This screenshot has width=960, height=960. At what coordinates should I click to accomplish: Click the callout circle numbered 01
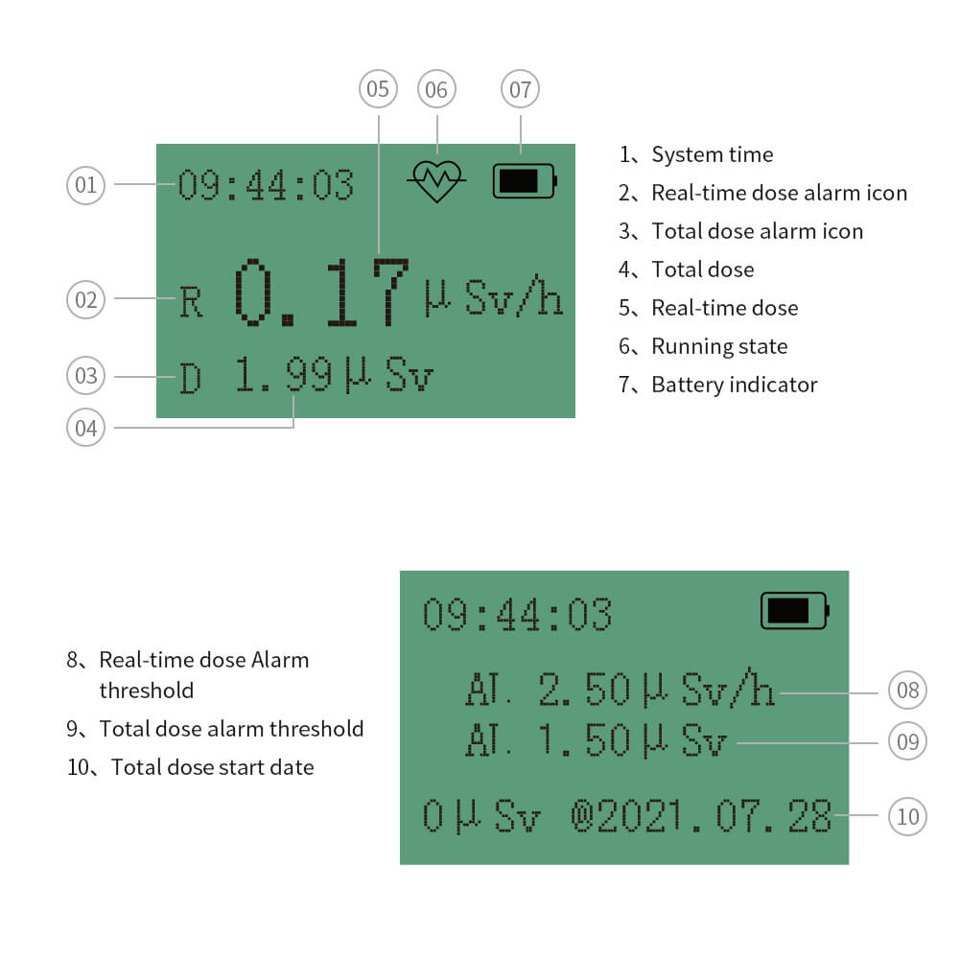86,183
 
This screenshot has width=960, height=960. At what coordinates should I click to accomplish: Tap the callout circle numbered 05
378,89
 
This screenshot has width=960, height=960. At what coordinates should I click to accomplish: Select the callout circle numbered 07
520,90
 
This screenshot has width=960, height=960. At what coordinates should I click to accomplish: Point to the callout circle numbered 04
86,428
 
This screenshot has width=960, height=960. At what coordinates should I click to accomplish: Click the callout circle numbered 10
907,816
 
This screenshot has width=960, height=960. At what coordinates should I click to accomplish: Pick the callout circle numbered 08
907,690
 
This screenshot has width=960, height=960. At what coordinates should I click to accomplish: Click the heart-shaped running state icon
436,179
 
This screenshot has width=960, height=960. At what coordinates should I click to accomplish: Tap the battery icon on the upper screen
524,180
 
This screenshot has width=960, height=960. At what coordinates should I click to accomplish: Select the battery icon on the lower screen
794,610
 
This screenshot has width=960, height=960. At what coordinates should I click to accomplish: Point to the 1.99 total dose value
284,376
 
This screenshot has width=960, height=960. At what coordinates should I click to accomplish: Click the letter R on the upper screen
192,303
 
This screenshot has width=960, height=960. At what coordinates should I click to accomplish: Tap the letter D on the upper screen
192,379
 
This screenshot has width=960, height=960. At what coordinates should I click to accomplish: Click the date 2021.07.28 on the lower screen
714,816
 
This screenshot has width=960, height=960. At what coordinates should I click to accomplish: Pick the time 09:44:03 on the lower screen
517,614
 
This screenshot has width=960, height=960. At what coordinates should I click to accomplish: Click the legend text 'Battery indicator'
734,385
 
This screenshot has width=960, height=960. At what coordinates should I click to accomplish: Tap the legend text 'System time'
712,154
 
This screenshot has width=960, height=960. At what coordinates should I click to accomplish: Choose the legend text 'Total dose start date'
212,767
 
